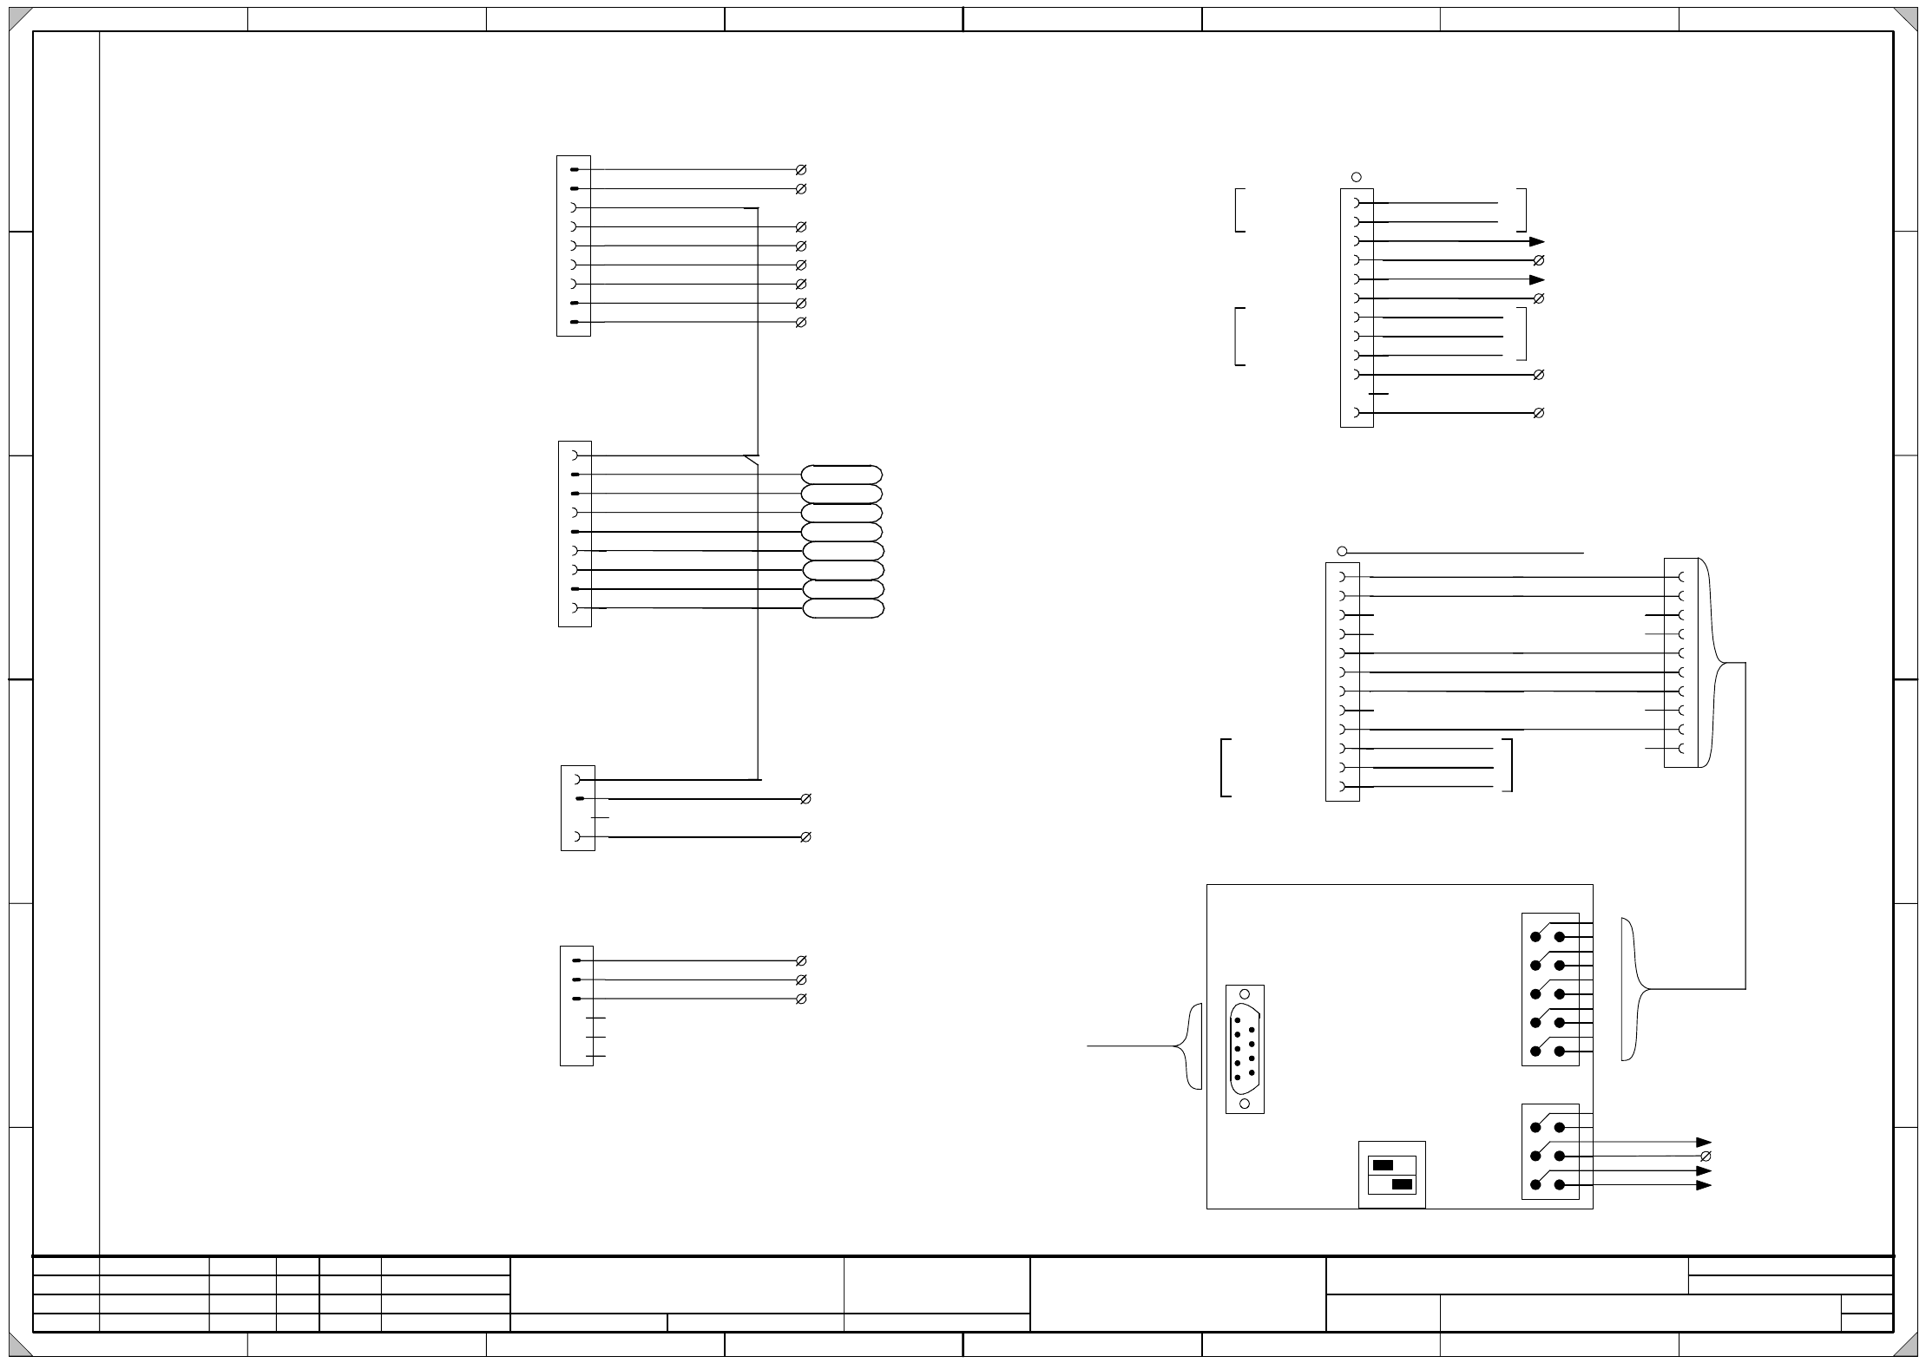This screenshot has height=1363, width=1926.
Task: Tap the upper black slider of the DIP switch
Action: [1383, 1165]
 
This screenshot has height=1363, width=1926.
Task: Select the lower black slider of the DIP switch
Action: [1401, 1184]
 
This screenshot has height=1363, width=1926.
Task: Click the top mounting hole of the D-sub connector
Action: [1245, 994]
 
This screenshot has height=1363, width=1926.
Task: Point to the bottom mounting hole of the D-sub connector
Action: [1245, 1103]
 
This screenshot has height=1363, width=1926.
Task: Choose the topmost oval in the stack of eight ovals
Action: [841, 475]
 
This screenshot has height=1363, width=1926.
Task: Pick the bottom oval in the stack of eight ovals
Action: [843, 608]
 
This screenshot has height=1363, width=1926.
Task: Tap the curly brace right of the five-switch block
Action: [1633, 989]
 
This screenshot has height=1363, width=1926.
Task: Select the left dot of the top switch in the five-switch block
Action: [1535, 937]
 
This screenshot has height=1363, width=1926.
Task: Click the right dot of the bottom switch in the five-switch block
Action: [1560, 1052]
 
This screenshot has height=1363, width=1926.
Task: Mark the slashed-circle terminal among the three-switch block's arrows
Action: [1706, 1157]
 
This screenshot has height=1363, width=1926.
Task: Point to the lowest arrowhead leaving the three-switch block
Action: [1704, 1185]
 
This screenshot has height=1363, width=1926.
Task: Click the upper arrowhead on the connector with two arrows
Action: [1537, 241]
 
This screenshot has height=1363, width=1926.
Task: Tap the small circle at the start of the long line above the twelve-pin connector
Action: [1342, 551]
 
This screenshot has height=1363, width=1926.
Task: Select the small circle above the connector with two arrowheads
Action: [1357, 177]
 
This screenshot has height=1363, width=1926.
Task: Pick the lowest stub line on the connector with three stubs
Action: [595, 1056]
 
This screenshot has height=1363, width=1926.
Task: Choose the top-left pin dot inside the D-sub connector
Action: [1237, 1021]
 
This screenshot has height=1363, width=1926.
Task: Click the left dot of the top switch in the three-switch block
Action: [1535, 1128]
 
